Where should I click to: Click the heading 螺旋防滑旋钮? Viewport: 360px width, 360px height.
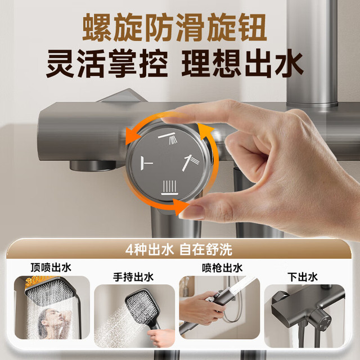[x=174, y=28]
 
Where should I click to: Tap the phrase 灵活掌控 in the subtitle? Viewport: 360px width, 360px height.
[x=107, y=64]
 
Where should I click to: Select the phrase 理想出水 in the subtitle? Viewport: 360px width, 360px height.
[x=242, y=64]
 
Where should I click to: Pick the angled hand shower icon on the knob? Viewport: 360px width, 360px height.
[x=190, y=163]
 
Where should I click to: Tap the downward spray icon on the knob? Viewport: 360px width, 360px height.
[x=169, y=187]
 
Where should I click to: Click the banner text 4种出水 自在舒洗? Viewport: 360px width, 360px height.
[x=179, y=250]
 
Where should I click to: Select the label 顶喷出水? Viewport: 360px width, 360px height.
[x=51, y=268]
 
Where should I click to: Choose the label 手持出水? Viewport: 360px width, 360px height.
[x=133, y=277]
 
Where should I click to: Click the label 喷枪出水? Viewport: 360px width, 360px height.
[x=222, y=268]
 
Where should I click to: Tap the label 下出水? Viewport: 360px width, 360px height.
[x=303, y=277]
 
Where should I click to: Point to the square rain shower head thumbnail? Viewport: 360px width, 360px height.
[x=50, y=291]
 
